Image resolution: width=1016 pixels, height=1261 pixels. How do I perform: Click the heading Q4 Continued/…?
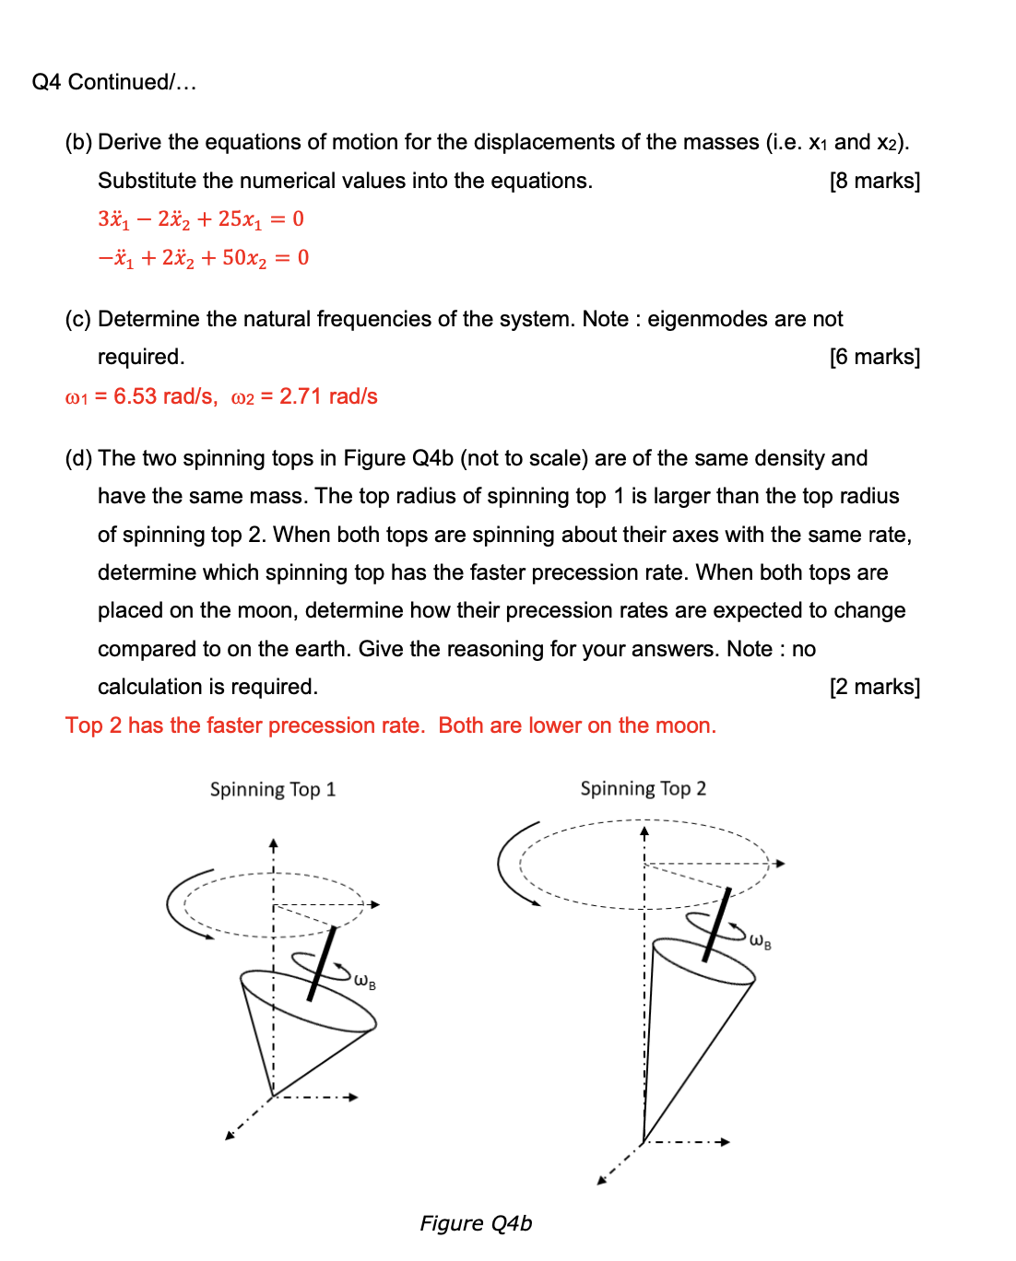point(114,82)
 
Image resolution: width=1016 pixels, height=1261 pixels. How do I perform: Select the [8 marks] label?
point(874,181)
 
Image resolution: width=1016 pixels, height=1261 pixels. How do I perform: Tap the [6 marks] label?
point(874,357)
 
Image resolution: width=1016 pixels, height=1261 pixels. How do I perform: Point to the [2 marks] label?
point(874,687)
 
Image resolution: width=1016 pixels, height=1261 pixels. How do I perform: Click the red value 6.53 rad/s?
point(163,396)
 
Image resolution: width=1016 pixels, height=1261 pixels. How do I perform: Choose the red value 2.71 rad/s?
point(328,396)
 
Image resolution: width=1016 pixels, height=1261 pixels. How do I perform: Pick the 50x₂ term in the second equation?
point(244,258)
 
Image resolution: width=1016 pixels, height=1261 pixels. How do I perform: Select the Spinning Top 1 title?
point(273,789)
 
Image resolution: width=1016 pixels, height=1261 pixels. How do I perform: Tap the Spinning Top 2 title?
point(643,788)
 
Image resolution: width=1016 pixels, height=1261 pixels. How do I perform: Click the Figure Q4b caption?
point(476,1223)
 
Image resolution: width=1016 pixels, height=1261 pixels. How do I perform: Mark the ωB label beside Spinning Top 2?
point(760,941)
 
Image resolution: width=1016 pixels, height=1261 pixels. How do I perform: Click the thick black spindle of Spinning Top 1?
point(322,963)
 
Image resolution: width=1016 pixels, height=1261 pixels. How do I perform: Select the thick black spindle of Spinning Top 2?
point(717,925)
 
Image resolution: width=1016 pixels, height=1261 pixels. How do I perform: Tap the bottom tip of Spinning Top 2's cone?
point(643,1142)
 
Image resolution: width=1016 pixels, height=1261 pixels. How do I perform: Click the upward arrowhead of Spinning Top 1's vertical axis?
point(273,843)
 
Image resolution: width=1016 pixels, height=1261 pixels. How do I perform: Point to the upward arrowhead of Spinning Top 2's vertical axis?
point(644,831)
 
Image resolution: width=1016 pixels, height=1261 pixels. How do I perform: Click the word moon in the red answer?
point(683,725)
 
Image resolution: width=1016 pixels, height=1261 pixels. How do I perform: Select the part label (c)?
point(77,319)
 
